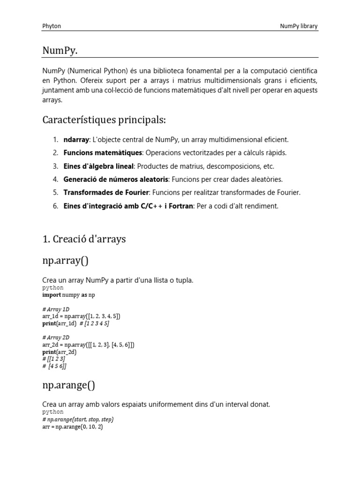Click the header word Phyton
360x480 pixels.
52,26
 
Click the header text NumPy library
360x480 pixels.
299,26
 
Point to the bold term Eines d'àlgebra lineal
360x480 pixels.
98,166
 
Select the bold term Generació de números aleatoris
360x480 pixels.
115,180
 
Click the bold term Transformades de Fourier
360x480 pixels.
106,193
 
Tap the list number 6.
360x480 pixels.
55,206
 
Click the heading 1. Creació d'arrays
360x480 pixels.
84,239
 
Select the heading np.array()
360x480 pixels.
68,260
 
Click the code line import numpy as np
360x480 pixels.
68,295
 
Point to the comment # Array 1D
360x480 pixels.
55,309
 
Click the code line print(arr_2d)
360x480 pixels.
60,352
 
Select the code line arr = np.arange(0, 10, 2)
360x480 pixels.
73,427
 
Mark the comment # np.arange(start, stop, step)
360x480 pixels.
78,420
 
